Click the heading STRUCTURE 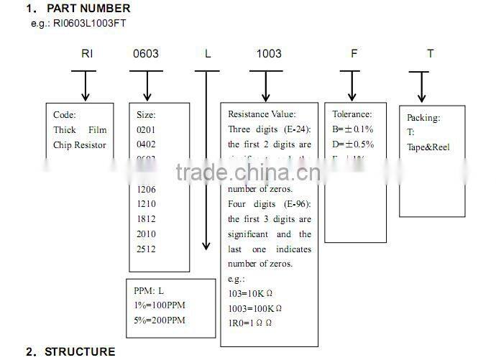[79, 351]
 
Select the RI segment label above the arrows [86, 54]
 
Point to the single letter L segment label [208, 54]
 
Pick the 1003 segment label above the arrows [269, 54]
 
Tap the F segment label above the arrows [353, 54]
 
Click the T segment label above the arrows [430, 54]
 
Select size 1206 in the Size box [146, 189]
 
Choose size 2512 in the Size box [146, 249]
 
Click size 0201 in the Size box [146, 129]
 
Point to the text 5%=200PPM [160, 320]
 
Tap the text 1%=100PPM [160, 305]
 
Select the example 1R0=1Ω [249, 323]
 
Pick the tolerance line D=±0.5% [353, 144]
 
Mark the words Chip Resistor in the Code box [79, 145]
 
